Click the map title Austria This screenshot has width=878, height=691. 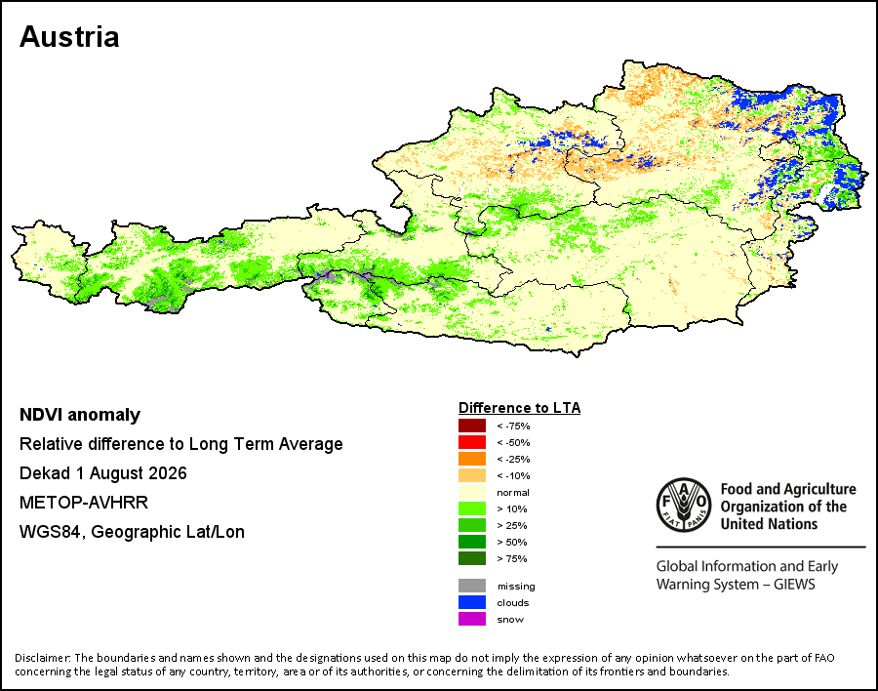click(69, 37)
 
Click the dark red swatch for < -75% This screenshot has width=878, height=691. click(472, 426)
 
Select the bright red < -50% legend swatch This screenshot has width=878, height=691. click(472, 442)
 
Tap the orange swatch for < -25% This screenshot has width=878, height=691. click(472, 459)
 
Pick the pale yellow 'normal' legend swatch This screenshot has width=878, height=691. click(472, 492)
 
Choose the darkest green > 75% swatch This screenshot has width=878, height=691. click(472, 558)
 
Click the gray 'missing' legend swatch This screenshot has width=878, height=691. click(472, 586)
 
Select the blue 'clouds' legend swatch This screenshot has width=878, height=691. click(472, 602)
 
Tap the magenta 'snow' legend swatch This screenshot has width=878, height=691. click(472, 619)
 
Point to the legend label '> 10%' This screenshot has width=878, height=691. click(512, 508)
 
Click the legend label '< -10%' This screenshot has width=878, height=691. click(513, 476)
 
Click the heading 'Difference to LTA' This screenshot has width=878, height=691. click(520, 408)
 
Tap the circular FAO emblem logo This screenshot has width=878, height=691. click(684, 505)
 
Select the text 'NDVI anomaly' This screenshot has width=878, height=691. click(80, 415)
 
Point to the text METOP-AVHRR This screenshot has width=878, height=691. click(84, 503)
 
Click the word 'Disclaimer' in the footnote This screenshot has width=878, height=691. click(43, 658)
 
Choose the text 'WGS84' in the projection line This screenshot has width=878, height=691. click(52, 532)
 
